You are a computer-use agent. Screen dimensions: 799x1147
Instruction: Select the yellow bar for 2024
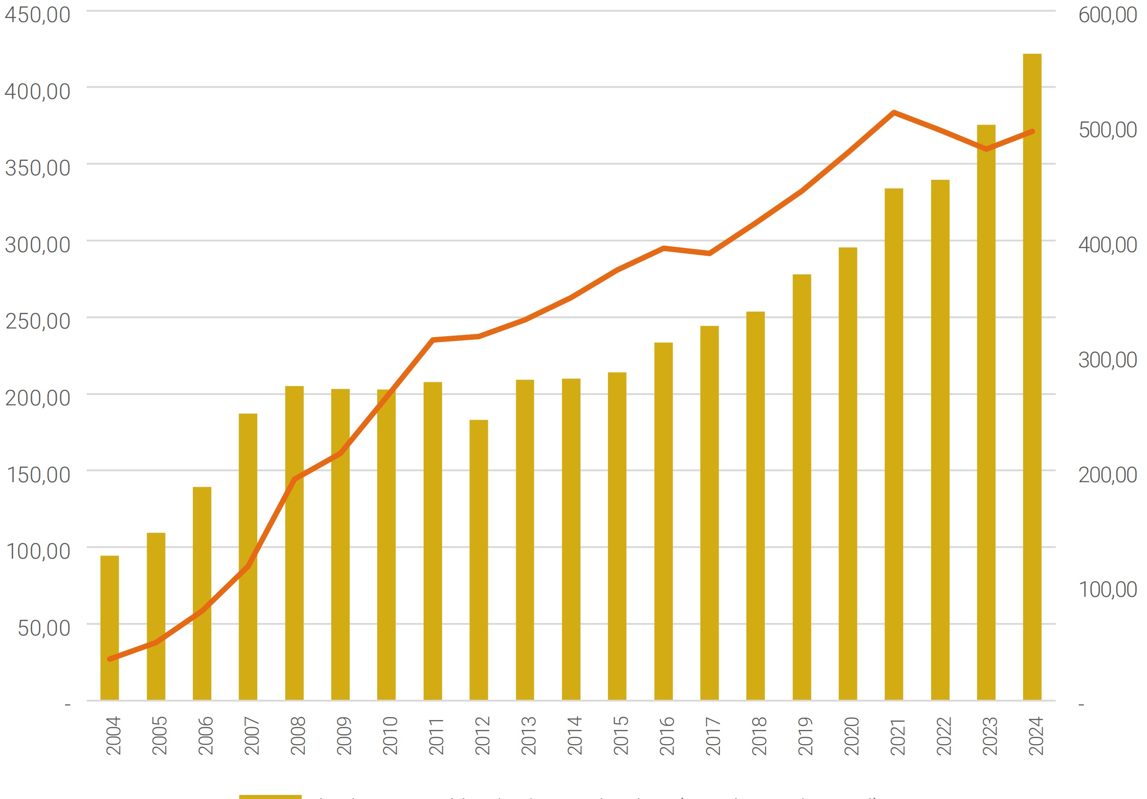tap(1032, 380)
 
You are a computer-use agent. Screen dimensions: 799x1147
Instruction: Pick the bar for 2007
tap(248, 557)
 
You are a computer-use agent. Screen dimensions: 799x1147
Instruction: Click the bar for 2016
tap(663, 521)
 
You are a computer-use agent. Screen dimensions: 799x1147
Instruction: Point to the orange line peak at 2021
tap(894, 112)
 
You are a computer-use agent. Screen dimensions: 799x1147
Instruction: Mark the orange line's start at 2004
tap(110, 659)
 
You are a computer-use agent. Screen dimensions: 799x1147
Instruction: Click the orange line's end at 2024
tap(1032, 132)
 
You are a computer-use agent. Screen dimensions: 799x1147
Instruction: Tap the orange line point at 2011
tap(433, 340)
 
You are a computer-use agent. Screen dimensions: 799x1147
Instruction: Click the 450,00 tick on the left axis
tap(37, 15)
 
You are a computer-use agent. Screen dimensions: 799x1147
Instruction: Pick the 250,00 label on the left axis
tap(37, 321)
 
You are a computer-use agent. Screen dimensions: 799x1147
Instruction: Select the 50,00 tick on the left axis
tap(44, 628)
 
